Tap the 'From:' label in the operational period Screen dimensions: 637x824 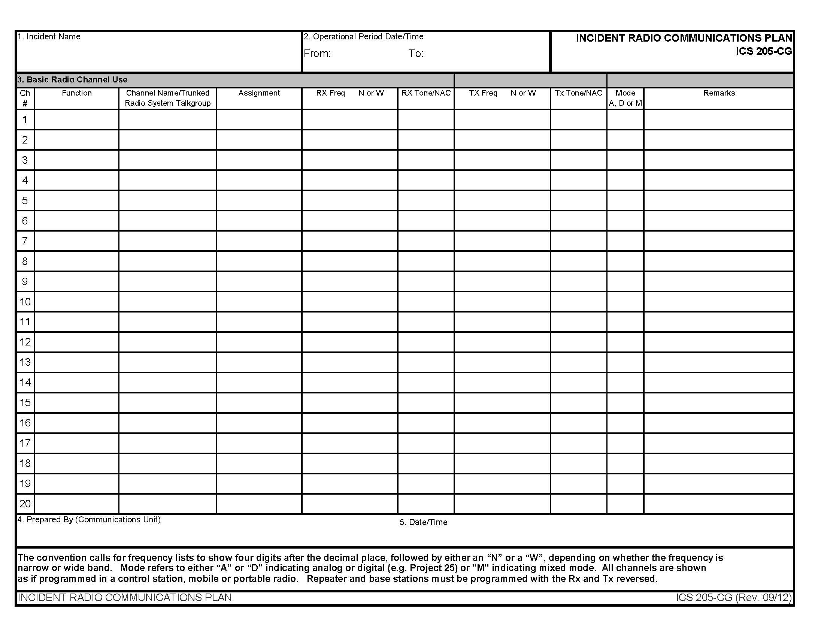tap(317, 54)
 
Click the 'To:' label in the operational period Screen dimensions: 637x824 tap(416, 54)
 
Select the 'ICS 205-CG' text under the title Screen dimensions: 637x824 tap(764, 51)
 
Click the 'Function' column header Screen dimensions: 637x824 tap(76, 93)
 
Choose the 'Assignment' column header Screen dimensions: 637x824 tap(259, 93)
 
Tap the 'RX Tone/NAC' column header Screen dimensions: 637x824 tap(426, 93)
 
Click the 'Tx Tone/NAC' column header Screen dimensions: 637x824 tap(578, 93)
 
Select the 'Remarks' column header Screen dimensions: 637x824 tap(719, 93)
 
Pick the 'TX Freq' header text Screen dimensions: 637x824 tap(483, 93)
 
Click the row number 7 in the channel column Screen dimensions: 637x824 tap(25, 241)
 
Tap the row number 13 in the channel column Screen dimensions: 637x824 tap(25, 362)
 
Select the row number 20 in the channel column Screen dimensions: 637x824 tap(25, 503)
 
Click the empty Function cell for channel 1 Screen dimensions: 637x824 tap(76, 120)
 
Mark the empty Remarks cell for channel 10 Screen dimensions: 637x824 tap(719, 302)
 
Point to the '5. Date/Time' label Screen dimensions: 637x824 tap(423, 522)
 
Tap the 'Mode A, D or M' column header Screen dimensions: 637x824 tap(625, 98)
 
